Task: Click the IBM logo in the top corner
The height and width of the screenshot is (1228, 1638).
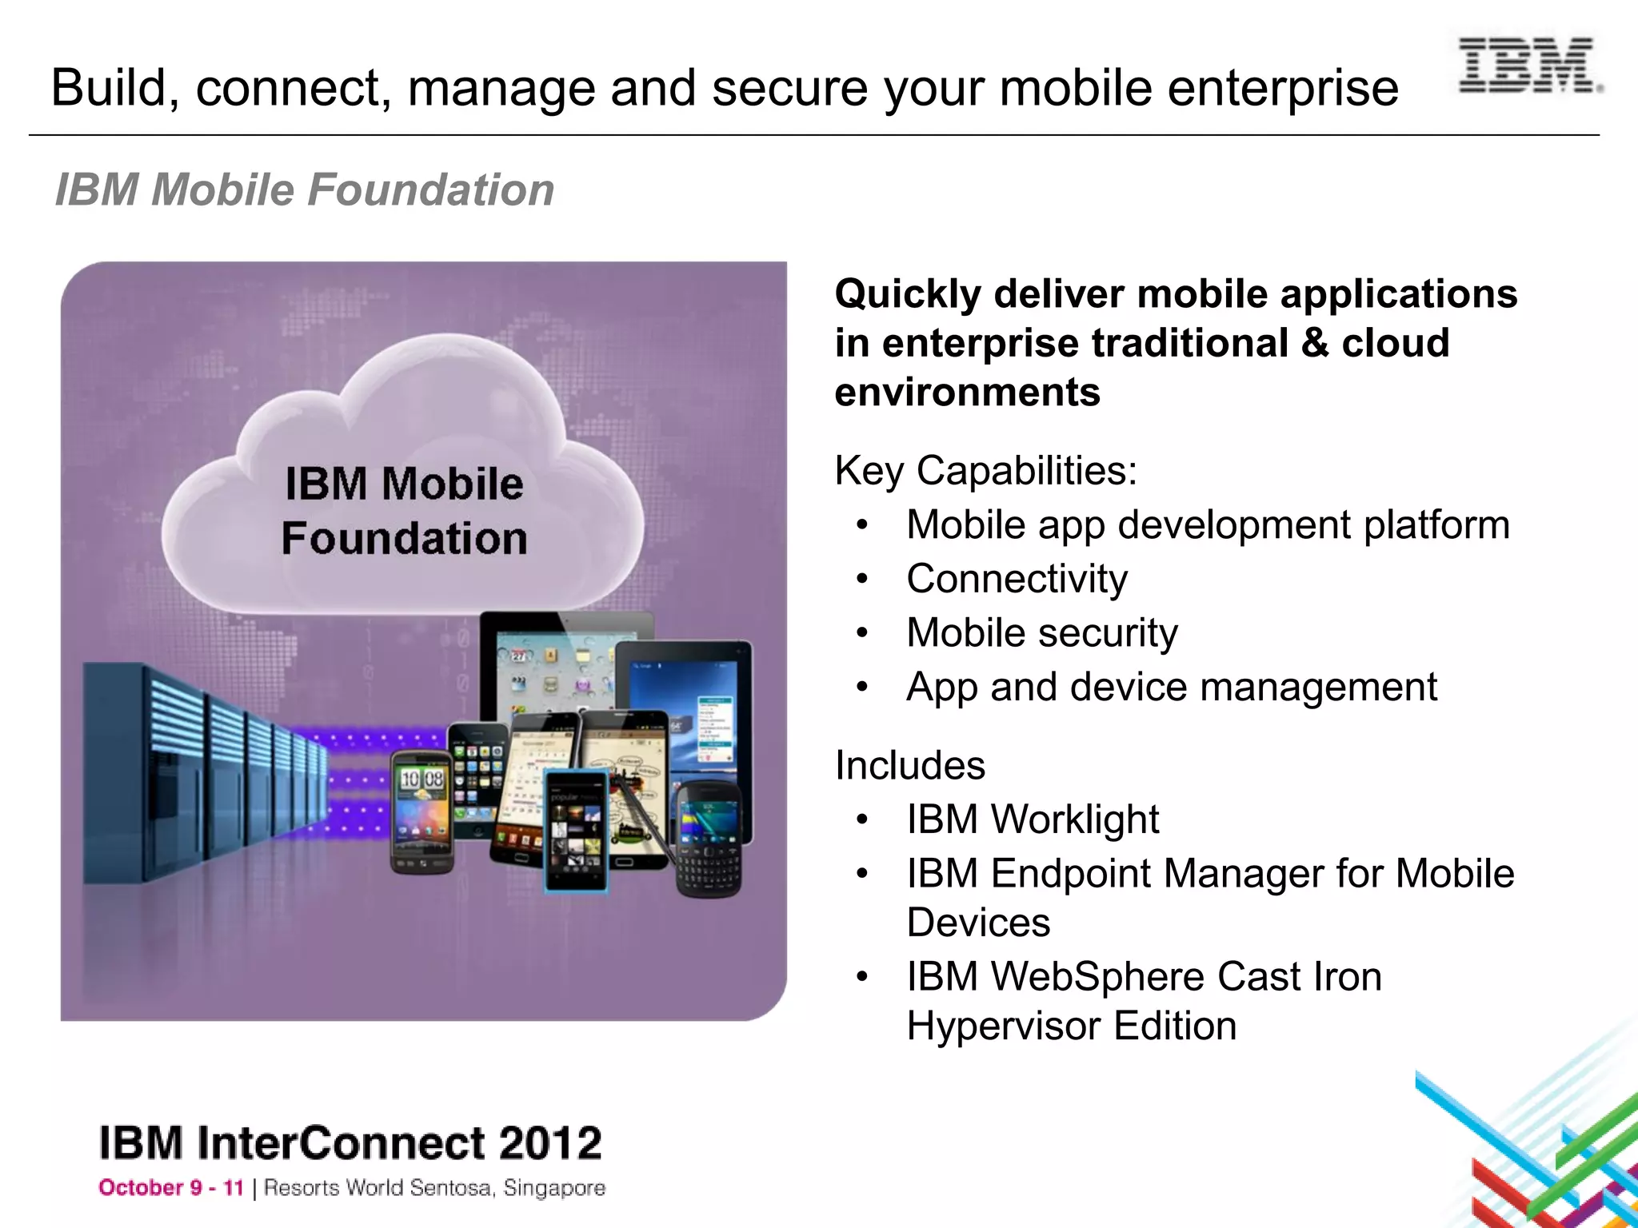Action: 1527,65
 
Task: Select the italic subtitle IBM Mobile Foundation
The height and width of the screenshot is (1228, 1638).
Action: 304,190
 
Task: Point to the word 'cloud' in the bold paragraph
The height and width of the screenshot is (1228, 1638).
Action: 1395,343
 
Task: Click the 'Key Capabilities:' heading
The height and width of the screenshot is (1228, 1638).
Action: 985,470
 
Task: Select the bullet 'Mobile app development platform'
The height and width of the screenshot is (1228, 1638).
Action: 1208,525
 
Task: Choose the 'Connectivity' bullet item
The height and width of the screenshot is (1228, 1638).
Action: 1017,579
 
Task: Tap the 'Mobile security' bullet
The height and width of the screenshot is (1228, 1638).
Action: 1041,633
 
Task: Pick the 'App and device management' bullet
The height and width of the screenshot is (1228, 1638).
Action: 1171,687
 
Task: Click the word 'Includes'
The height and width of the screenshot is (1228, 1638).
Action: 909,765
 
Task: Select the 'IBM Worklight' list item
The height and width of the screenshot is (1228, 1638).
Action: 1032,819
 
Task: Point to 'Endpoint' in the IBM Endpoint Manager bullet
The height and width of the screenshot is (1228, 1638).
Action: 1066,873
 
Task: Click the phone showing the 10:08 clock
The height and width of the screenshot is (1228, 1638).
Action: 421,811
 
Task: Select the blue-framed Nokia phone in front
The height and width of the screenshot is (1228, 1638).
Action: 575,831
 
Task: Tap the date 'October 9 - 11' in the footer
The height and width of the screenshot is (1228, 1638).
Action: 170,1188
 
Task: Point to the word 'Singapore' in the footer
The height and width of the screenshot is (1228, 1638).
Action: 554,1188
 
